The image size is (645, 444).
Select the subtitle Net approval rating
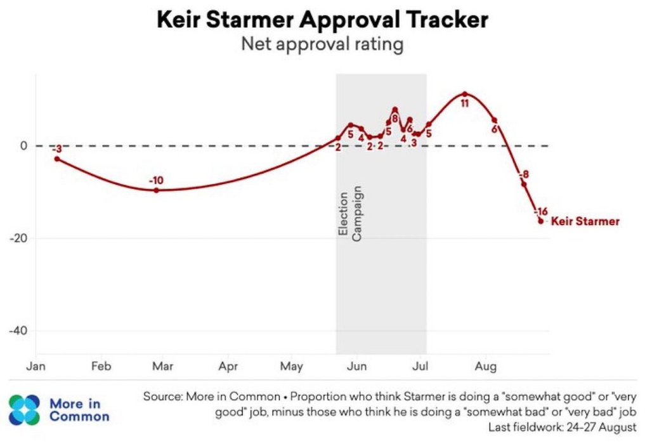[322, 45]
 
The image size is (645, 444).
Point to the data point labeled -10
[156, 190]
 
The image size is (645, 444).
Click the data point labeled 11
[465, 94]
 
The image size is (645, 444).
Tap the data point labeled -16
[541, 221]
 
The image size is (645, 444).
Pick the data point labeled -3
[57, 159]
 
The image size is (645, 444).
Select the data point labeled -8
[524, 184]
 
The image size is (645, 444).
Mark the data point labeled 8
[394, 110]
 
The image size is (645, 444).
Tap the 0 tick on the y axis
[23, 146]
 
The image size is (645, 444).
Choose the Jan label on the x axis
[36, 367]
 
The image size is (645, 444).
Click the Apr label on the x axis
[228, 367]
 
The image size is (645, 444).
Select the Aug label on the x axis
[486, 367]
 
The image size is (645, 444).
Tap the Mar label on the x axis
[163, 367]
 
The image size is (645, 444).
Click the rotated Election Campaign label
[349, 214]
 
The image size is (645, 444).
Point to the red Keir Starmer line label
[585, 221]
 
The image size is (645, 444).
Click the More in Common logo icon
[24, 410]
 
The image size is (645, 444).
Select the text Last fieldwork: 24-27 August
[562, 428]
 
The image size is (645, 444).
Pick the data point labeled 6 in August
[495, 121]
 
